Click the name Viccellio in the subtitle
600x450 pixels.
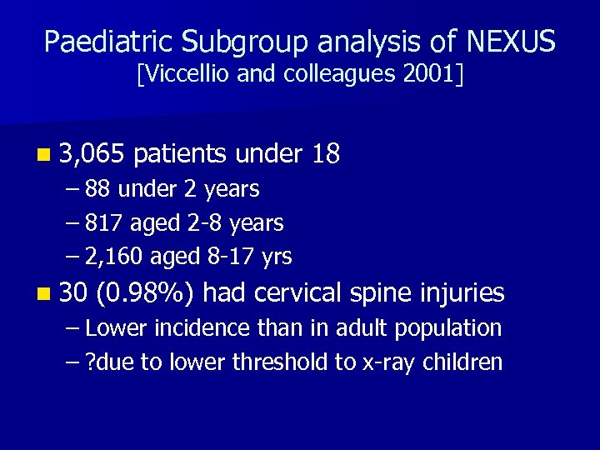[x=184, y=75]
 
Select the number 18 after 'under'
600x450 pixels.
[x=324, y=153]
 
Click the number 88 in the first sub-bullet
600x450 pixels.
[x=98, y=190]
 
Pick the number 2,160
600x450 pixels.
[x=114, y=257]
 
